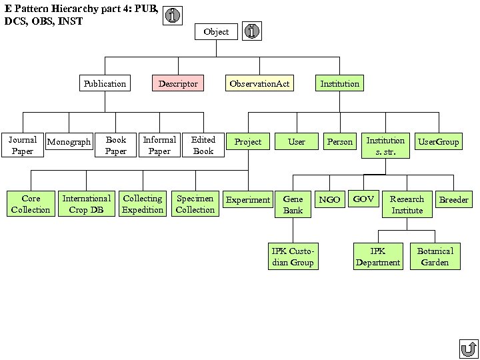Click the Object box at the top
tap(216, 31)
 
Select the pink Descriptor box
tap(178, 83)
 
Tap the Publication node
tap(105, 83)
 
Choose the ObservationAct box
tap(259, 83)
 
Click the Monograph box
tap(69, 142)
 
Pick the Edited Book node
tap(203, 145)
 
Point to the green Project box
tap(248, 142)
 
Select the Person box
tap(339, 142)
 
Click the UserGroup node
tap(438, 142)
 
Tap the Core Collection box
tap(31, 204)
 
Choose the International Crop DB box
tap(87, 204)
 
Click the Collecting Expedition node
tap(143, 204)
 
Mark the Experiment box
tap(248, 199)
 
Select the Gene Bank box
tap(293, 205)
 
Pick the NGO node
tap(329, 199)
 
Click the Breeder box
tap(453, 199)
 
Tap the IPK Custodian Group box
tap(293, 257)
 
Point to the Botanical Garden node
tap(435, 257)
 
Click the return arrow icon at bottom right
tap(469, 349)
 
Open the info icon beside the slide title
tap(172, 15)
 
